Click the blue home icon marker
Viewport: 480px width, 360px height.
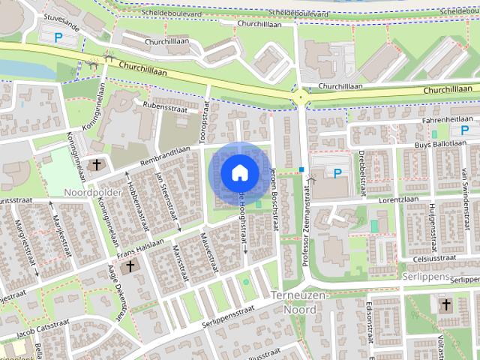pyautogui.click(x=239, y=172)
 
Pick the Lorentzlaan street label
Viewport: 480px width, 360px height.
pyautogui.click(x=397, y=200)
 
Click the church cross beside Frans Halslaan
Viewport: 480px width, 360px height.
pyautogui.click(x=130, y=265)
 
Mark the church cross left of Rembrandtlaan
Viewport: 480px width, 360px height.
pyautogui.click(x=96, y=165)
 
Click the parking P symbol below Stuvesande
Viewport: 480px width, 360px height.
pyautogui.click(x=58, y=36)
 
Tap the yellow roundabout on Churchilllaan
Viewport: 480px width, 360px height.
pyautogui.click(x=301, y=97)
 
